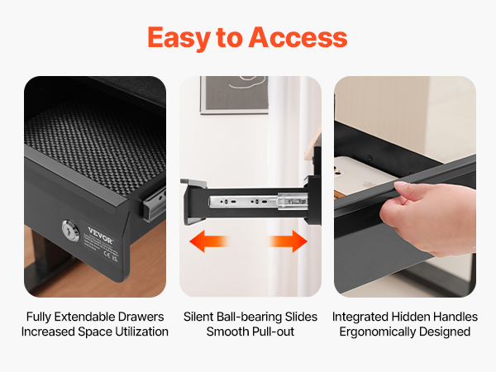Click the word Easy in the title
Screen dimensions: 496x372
pos(179,38)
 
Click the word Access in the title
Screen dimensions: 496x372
pos(298,37)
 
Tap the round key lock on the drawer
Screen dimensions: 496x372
pos(70,231)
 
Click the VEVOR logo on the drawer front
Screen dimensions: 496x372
pos(100,236)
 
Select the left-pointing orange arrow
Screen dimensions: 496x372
pos(209,241)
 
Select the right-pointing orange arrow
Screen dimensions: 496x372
pos(288,241)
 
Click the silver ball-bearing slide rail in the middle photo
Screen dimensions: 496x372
pos(258,201)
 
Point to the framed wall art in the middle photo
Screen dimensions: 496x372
pos(235,94)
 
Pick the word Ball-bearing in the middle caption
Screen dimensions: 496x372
pos(250,317)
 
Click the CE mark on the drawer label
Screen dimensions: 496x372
pos(107,255)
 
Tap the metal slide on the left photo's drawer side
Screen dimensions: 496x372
pos(155,204)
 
